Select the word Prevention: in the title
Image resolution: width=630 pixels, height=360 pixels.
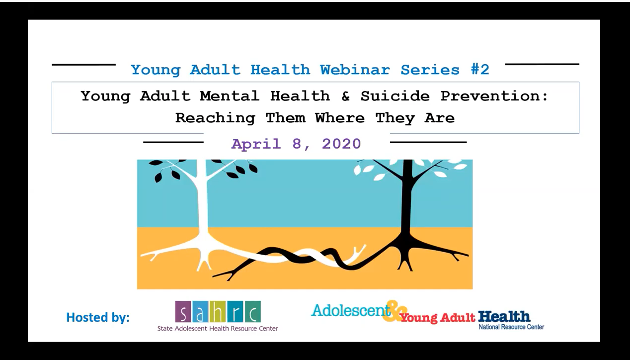[494, 95]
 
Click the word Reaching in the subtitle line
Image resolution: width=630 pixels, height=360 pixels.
[215, 118]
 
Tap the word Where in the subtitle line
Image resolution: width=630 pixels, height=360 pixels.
[339, 118]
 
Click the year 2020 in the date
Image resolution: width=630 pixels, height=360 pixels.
[341, 144]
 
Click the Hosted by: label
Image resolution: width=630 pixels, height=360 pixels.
[98, 317]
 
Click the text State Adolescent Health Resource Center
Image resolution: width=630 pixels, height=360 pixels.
[218, 328]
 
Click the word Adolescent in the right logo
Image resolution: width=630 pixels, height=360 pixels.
[350, 310]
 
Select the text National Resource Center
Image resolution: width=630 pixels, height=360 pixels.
[511, 327]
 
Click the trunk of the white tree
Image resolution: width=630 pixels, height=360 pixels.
[202, 204]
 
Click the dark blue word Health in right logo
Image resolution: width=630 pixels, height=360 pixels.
[504, 316]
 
